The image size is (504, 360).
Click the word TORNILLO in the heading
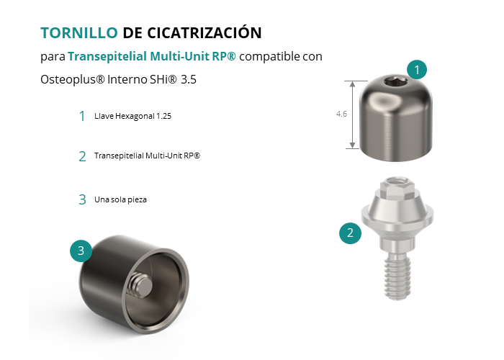coord(79,33)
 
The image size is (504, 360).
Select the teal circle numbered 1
coord(417,69)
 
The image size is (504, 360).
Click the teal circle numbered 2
coord(351,233)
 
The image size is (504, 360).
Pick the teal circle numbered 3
coord(81,251)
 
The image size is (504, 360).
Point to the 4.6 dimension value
coord(341,114)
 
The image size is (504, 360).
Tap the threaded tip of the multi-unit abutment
coord(397,277)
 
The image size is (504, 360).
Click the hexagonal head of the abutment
coord(397,188)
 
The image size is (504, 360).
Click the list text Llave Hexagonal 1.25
coord(132,116)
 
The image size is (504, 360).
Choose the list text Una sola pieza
coord(120,199)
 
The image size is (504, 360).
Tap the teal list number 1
coord(82,116)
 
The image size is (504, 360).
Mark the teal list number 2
coord(82,156)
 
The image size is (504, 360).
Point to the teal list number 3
coord(82,199)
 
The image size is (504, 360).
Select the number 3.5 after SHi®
coord(189,79)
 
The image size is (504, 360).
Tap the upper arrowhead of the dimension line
coord(353,84)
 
